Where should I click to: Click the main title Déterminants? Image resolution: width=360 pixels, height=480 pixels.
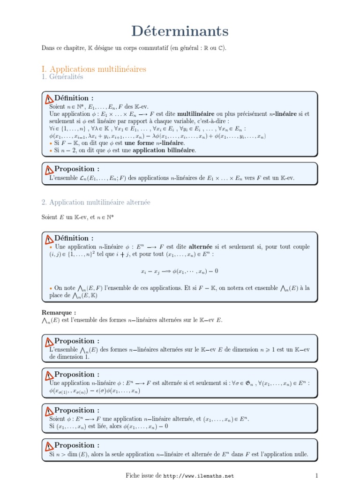point(180,31)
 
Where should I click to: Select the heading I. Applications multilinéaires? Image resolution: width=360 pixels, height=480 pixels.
point(94,69)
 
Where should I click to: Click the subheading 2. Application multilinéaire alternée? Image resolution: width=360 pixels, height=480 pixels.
point(96,202)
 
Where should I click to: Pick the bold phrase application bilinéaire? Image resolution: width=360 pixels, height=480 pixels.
point(164,150)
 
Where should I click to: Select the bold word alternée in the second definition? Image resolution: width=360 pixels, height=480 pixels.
point(202,247)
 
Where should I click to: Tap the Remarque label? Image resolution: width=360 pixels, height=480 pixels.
point(59,313)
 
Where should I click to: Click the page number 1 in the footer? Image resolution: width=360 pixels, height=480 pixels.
point(317,475)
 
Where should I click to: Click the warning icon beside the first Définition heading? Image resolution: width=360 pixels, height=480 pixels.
point(49,99)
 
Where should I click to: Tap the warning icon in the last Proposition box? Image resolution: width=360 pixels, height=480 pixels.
point(49,446)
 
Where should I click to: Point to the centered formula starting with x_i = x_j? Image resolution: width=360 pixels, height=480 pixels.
point(180,271)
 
